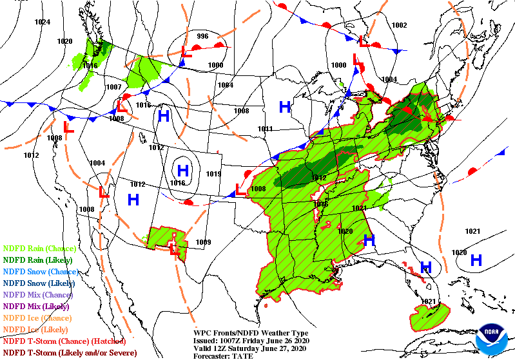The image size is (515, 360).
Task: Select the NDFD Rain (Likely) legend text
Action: coord(37,260)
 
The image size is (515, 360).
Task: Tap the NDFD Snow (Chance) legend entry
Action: coord(40,272)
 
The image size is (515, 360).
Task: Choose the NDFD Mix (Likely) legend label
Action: coord(36,307)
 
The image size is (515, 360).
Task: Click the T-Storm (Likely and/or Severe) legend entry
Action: coord(70,353)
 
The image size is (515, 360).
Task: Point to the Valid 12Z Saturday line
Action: coord(248,348)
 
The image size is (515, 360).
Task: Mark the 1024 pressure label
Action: coord(43,22)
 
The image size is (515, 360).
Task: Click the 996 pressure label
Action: coord(202,36)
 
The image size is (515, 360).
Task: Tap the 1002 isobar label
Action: coord(400,25)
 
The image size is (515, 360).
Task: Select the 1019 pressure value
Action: coord(213,174)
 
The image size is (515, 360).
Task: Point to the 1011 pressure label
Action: coord(265,129)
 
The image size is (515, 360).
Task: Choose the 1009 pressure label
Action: coord(204,242)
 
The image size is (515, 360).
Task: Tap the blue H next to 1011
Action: coord(284,106)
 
